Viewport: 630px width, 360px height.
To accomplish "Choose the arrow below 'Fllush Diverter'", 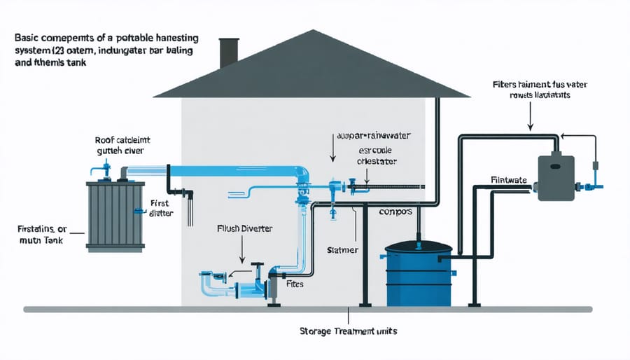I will [x=241, y=248].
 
